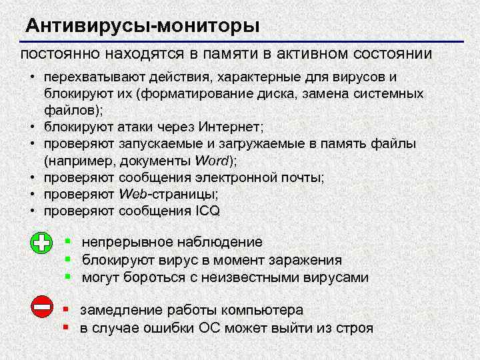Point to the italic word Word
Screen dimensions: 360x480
[x=212, y=161]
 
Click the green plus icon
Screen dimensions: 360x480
[x=42, y=243]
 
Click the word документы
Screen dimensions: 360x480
[x=155, y=161]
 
